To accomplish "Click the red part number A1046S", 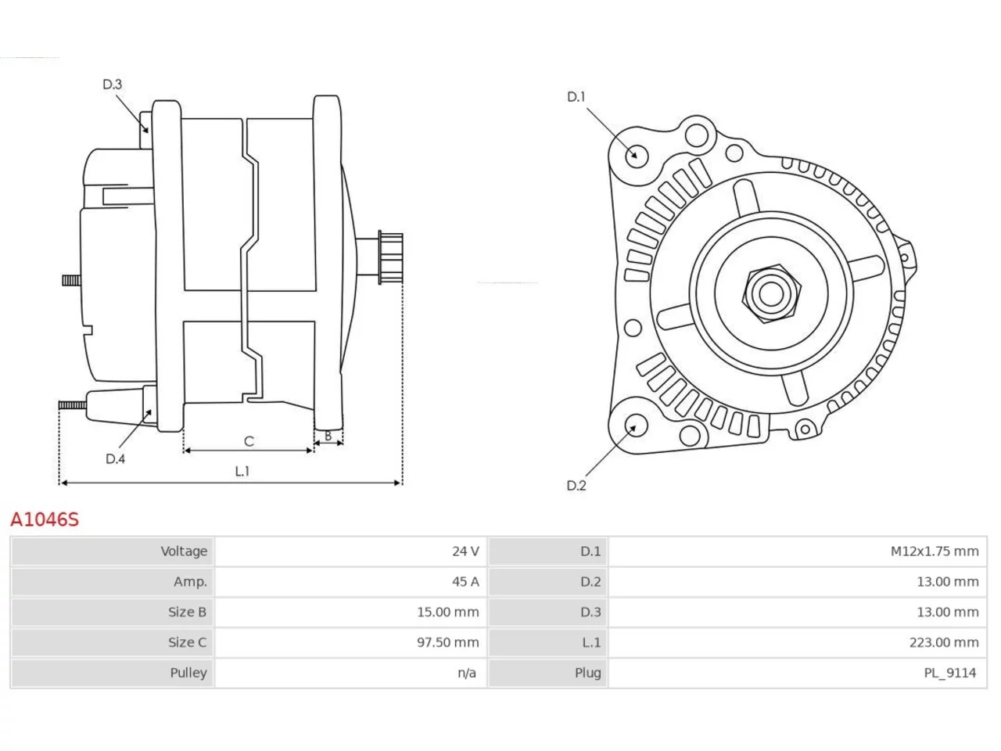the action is pyautogui.click(x=45, y=519).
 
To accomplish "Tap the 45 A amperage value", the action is pyautogui.click(x=465, y=582).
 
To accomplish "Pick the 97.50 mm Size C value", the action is pyautogui.click(x=447, y=642).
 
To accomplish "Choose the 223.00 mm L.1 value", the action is pyautogui.click(x=944, y=642).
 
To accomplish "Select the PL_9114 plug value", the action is pyautogui.click(x=949, y=673).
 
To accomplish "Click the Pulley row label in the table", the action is pyautogui.click(x=188, y=673).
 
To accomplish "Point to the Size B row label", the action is pyautogui.click(x=187, y=612).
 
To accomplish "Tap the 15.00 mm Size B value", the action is pyautogui.click(x=447, y=612).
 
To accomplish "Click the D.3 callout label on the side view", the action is pyautogui.click(x=112, y=84).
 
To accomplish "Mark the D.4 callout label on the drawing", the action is pyautogui.click(x=115, y=458).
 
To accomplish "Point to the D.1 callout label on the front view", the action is pyautogui.click(x=576, y=97).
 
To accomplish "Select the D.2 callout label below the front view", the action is pyautogui.click(x=576, y=486).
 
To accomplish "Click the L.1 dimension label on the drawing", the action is pyautogui.click(x=242, y=471).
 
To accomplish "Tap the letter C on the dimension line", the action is pyautogui.click(x=249, y=441).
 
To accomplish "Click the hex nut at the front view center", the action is pyautogui.click(x=771, y=293).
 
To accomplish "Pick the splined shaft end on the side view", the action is pyautogui.click(x=390, y=257).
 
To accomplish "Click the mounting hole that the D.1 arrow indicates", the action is pyautogui.click(x=636, y=156).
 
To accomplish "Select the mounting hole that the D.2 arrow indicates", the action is pyautogui.click(x=635, y=425).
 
